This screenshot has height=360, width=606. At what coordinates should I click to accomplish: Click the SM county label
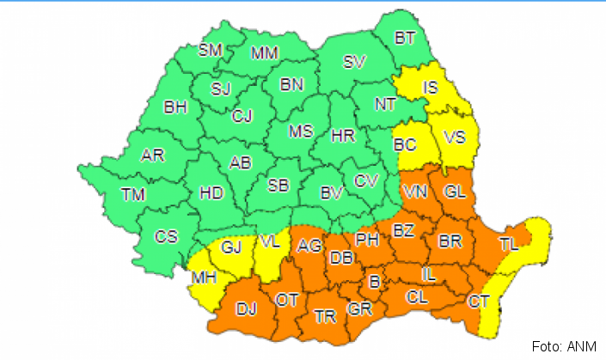pyautogui.click(x=211, y=50)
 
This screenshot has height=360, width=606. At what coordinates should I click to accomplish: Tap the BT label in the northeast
pyautogui.click(x=405, y=39)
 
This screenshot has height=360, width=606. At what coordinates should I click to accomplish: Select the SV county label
pyautogui.click(x=353, y=62)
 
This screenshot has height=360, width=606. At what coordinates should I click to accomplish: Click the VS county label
pyautogui.click(x=455, y=137)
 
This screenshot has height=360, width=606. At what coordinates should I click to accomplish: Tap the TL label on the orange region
pyautogui.click(x=509, y=244)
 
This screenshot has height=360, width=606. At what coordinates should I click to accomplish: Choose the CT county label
pyautogui.click(x=479, y=301)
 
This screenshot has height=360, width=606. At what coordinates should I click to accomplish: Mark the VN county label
pyautogui.click(x=415, y=191)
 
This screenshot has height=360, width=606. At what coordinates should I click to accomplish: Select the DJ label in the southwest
pyautogui.click(x=247, y=309)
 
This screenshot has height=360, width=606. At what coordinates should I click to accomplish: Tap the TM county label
pyautogui.click(x=132, y=195)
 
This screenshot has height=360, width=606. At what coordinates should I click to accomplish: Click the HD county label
pyautogui.click(x=211, y=193)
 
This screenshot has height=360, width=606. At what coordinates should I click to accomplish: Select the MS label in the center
pyautogui.click(x=300, y=131)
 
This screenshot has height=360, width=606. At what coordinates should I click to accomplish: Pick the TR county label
pyautogui.click(x=325, y=317)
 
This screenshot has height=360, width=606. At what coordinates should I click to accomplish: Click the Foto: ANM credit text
pyautogui.click(x=559, y=347)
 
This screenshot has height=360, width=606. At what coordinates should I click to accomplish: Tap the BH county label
pyautogui.click(x=175, y=107)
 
